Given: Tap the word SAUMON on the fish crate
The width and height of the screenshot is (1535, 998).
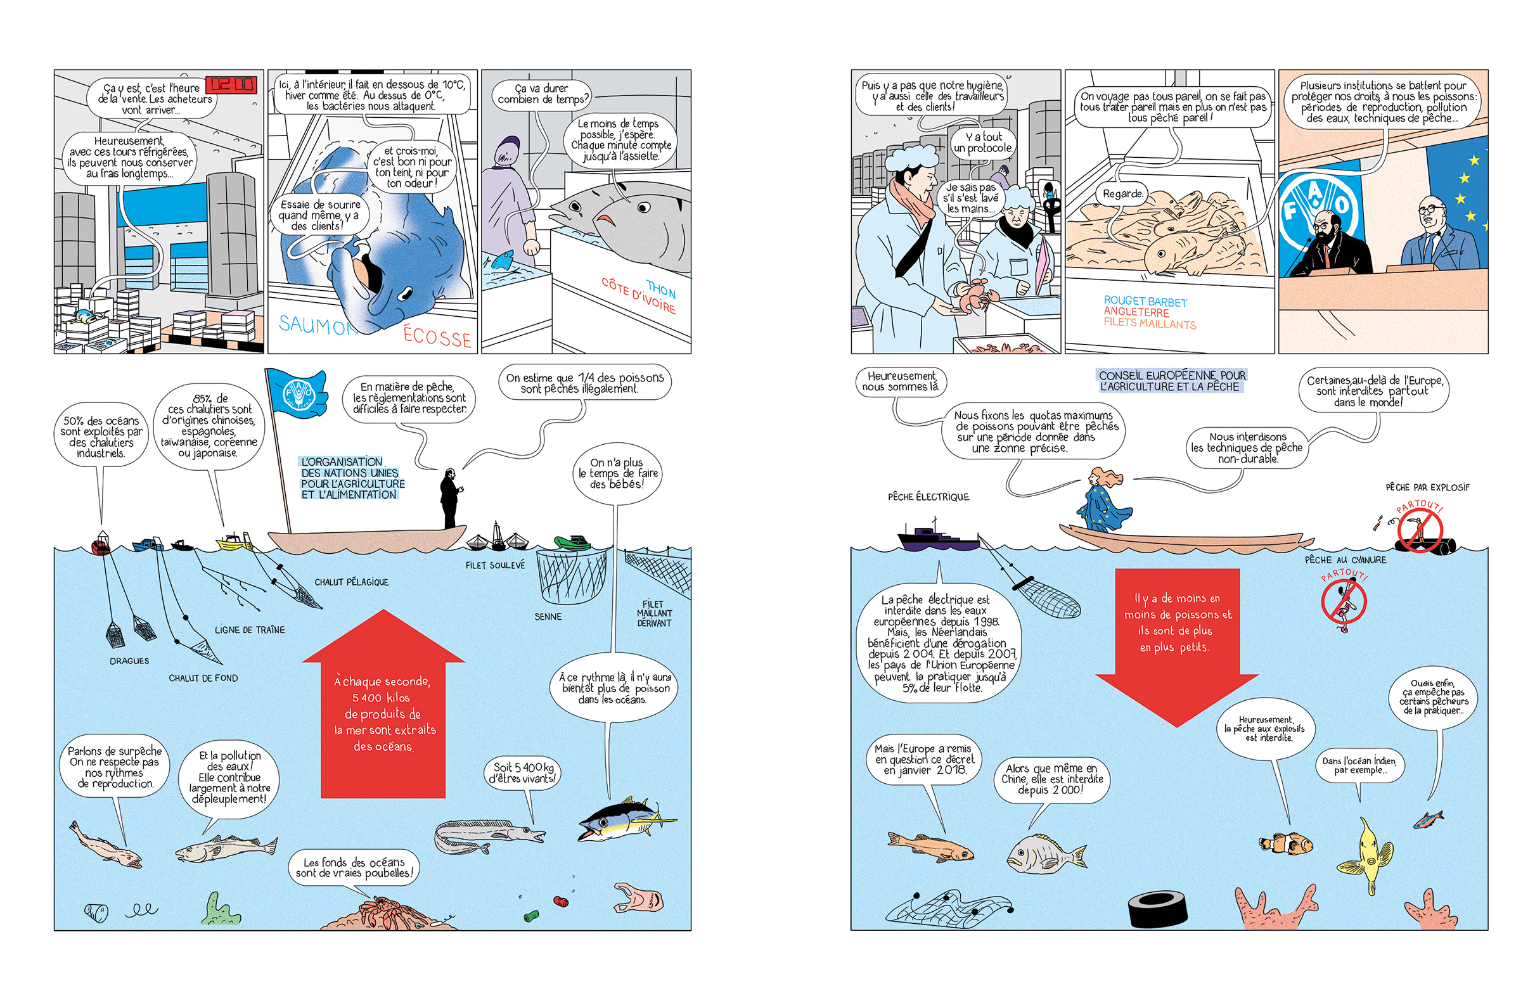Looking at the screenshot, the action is (317, 326).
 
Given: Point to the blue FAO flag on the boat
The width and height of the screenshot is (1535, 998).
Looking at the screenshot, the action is (297, 392).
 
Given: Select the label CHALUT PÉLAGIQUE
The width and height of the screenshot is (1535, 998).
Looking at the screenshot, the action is (352, 582).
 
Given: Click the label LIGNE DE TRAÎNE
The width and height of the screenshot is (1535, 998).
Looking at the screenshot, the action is (250, 630).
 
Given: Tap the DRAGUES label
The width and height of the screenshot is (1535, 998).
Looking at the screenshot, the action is (129, 661).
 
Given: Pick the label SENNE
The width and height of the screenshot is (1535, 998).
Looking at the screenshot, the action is (548, 617).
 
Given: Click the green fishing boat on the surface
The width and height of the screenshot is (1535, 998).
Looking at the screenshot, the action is (573, 542).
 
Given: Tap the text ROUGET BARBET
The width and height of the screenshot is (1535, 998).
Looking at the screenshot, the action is (1145, 301).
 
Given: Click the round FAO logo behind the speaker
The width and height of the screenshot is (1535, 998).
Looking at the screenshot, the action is (1316, 205).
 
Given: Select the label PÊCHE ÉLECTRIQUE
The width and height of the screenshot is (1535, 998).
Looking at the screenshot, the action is (928, 497).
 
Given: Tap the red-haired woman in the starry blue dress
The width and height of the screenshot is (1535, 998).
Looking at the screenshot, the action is (1103, 502).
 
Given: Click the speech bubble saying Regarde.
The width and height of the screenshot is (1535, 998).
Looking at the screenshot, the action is (1123, 193).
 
